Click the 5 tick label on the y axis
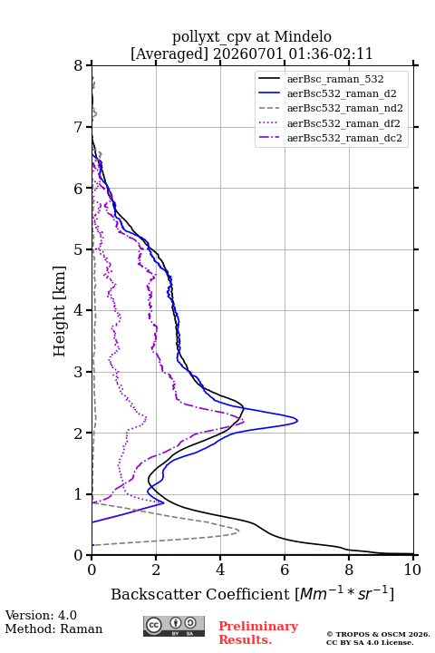pos(79,249)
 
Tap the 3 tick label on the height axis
pos(79,372)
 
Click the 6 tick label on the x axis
pos(285,570)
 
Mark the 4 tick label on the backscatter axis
pos(220,570)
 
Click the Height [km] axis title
pos(60,311)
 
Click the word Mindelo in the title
pos(303,36)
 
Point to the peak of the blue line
pos(297,420)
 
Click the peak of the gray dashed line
pos(238,531)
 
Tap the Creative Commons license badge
pos(174,626)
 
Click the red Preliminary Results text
pos(258,633)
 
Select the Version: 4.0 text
pos(41,615)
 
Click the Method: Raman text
pos(53,629)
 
